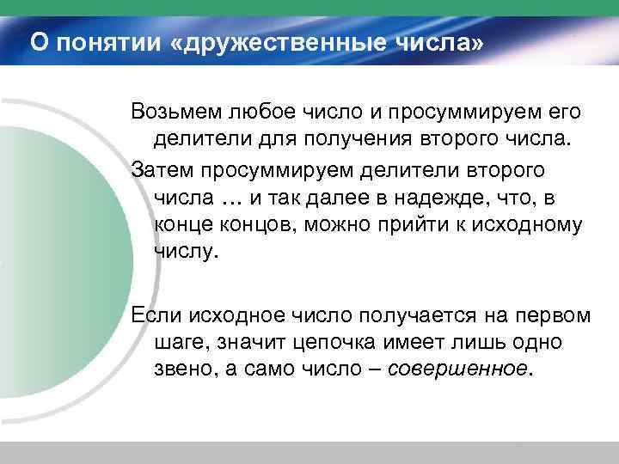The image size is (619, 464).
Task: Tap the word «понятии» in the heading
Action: point(101,40)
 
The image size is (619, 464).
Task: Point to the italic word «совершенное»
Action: point(460,368)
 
